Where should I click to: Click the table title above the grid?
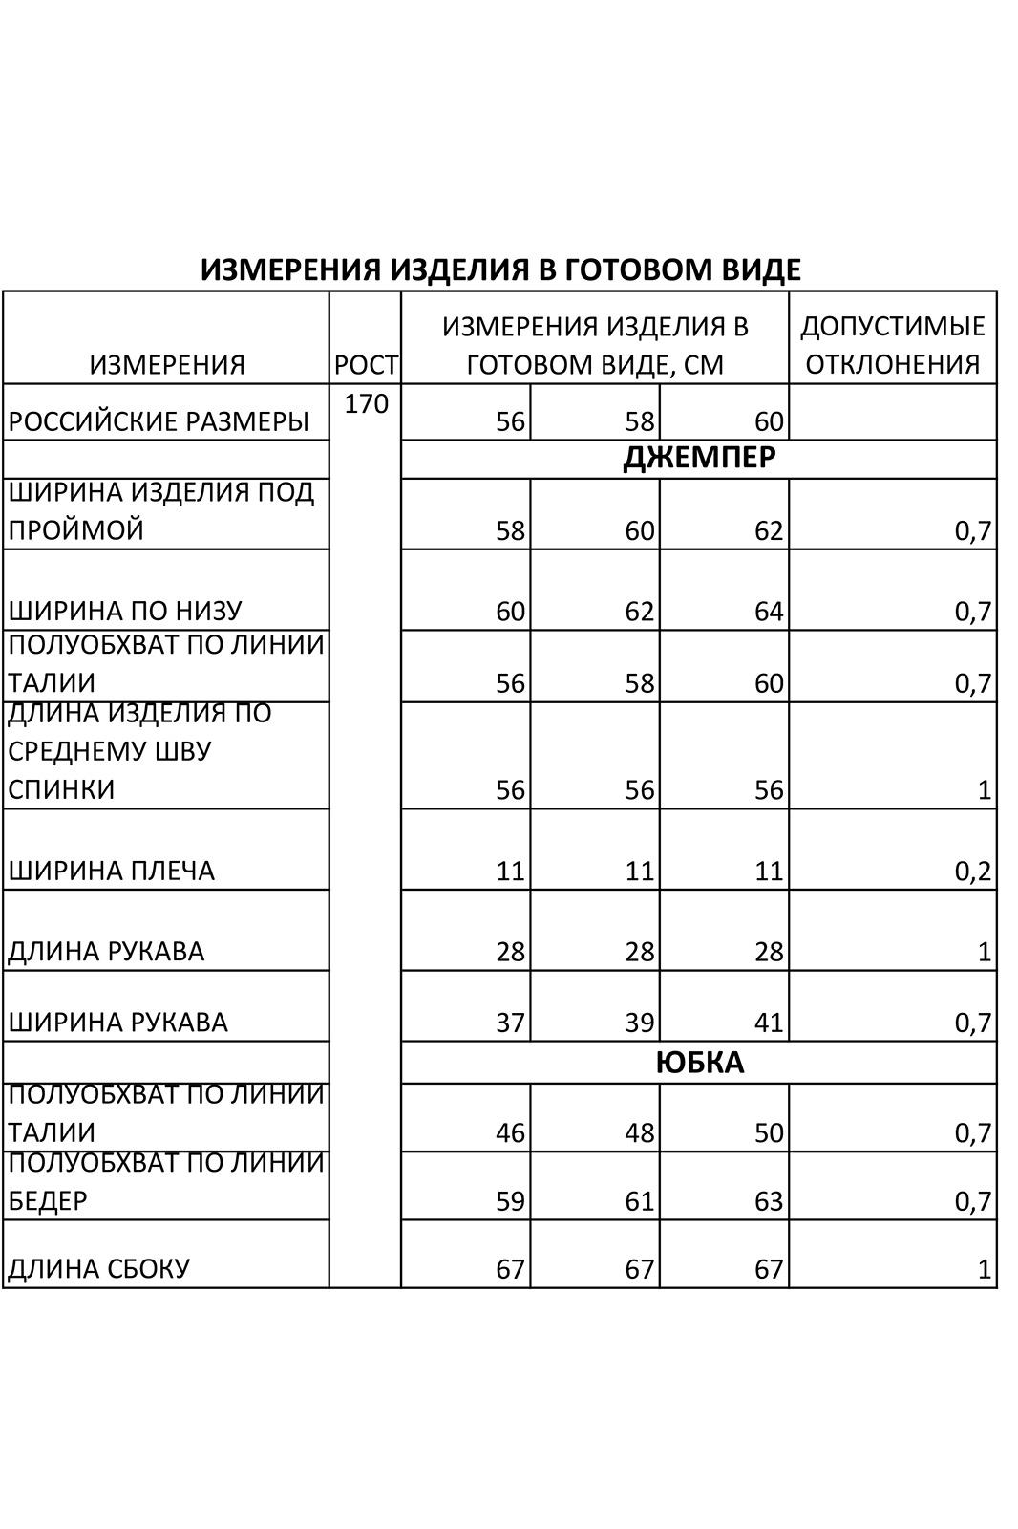(x=500, y=269)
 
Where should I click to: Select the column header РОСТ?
(x=366, y=364)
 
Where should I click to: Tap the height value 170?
(x=366, y=404)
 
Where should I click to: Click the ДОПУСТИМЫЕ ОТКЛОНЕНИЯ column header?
(x=892, y=344)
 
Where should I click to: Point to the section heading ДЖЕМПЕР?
(x=699, y=459)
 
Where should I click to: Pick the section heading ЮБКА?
(x=699, y=1063)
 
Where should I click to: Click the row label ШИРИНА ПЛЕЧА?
(x=112, y=871)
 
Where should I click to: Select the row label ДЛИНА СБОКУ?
(x=99, y=1268)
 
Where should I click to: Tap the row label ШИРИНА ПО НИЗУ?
(x=125, y=611)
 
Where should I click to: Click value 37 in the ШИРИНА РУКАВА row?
(x=510, y=1023)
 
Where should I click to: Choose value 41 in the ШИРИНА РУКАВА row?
(x=768, y=1023)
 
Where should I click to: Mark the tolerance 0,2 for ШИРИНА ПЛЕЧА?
(x=973, y=871)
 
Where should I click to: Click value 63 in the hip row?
(x=768, y=1200)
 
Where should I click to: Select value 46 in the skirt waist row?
(x=510, y=1132)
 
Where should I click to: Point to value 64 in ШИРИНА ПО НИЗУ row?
(x=768, y=611)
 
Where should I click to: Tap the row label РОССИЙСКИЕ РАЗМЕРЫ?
(x=159, y=420)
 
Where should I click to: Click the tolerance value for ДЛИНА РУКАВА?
(x=985, y=952)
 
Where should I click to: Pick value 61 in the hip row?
(x=639, y=1200)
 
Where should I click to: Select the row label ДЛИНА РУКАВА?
(x=106, y=952)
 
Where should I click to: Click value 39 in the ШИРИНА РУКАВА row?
(x=639, y=1023)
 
